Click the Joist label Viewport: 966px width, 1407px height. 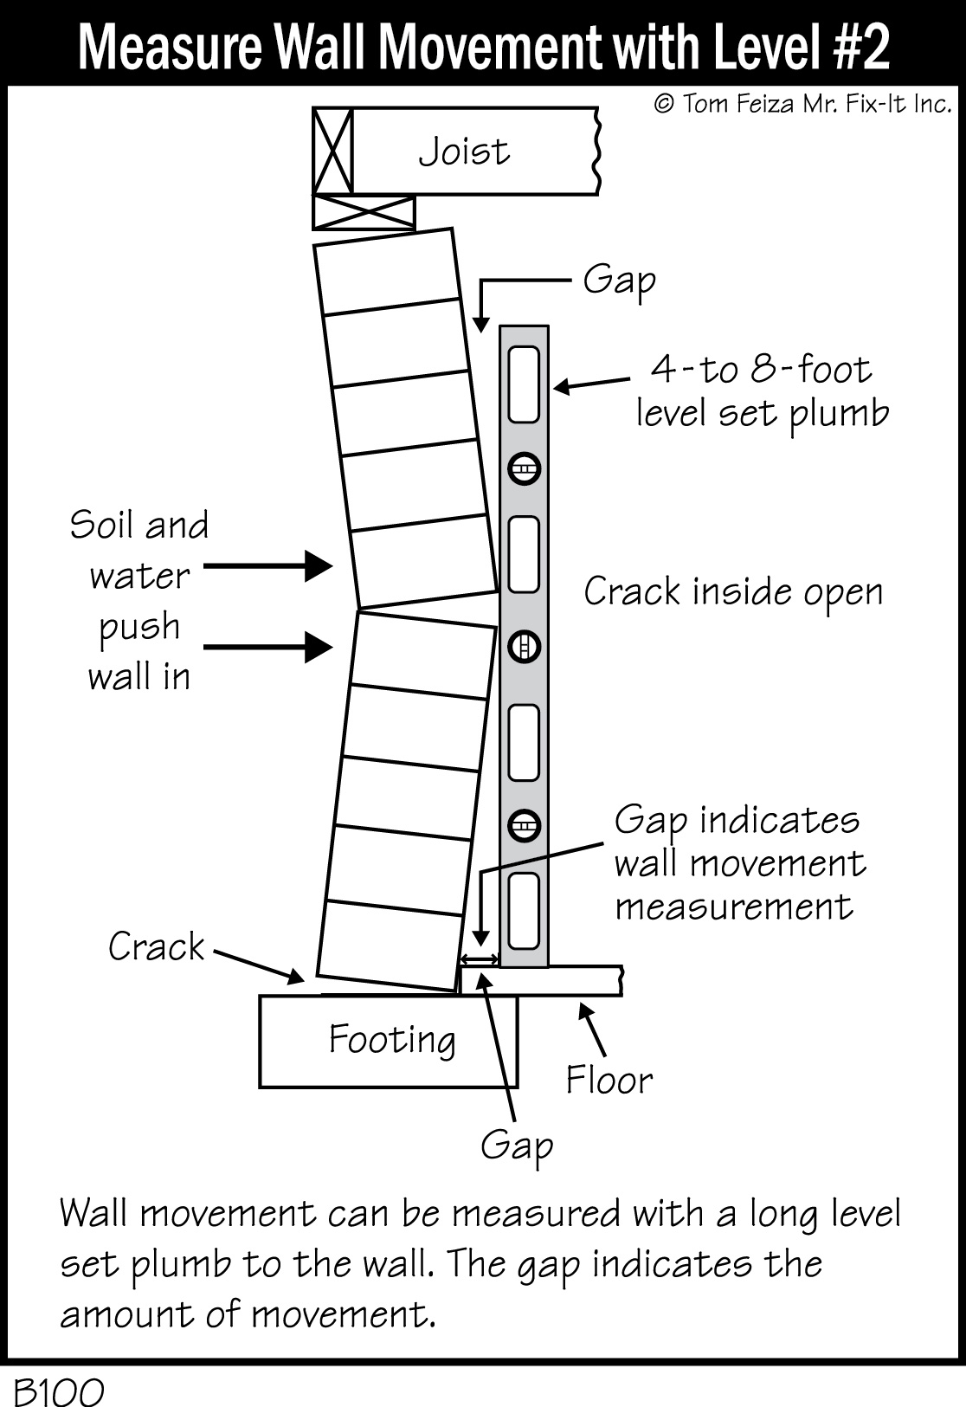tap(464, 152)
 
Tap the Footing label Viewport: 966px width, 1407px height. tap(391, 1039)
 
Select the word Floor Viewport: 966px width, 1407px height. tap(609, 1080)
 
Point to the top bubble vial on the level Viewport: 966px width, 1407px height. tap(524, 469)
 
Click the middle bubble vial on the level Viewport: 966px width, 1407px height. tap(524, 646)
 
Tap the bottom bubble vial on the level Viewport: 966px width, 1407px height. tap(524, 825)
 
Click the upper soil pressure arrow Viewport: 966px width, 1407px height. tap(268, 567)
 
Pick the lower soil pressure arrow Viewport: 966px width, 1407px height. tap(268, 646)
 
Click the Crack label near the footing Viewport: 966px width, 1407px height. tap(156, 946)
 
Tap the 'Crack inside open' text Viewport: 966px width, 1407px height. tap(733, 592)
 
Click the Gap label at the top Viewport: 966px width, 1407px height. tap(618, 280)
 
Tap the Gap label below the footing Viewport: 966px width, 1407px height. tap(517, 1146)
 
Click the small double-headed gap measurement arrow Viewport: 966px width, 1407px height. tap(479, 958)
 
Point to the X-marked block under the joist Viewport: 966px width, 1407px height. tap(364, 212)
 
